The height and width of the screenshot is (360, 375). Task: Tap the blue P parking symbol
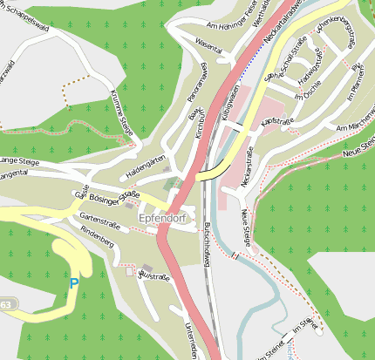coord(74,283)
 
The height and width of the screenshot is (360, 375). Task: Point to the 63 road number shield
coord(5,304)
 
